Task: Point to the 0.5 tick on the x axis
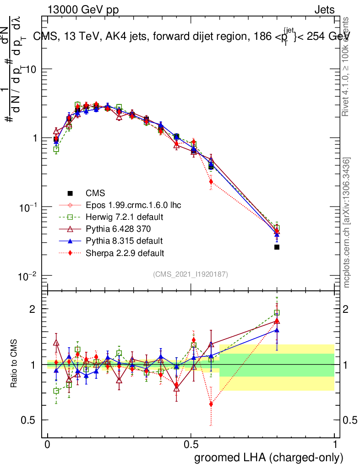click(191, 445)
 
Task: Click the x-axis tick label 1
click(335, 445)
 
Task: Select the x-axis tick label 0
click(48, 445)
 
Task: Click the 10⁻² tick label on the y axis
click(28, 276)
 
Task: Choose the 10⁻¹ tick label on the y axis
click(28, 207)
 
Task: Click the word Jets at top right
click(324, 10)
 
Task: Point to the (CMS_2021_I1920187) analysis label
click(191, 274)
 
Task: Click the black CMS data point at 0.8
click(277, 247)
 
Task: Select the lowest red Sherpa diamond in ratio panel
click(211, 404)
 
